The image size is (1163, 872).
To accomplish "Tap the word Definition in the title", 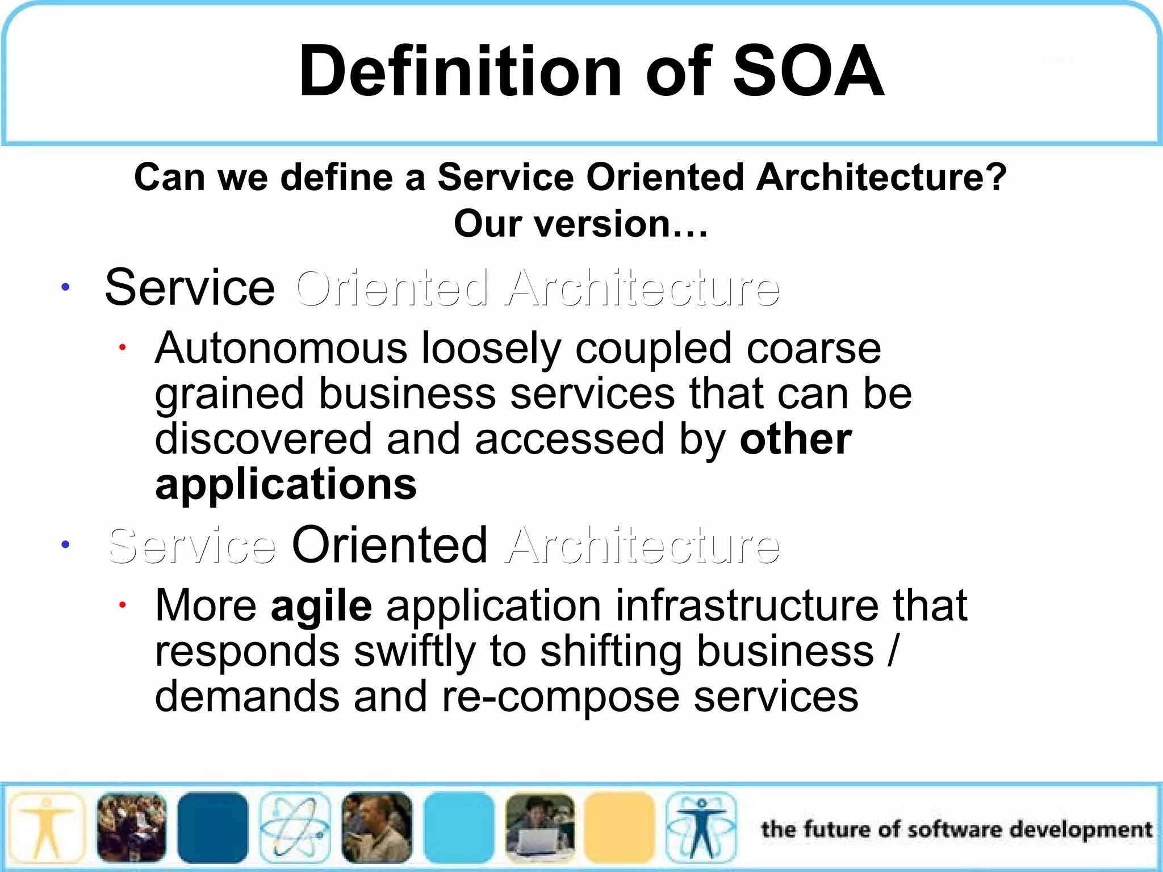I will (460, 72).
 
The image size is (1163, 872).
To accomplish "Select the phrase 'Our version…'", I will (581, 224).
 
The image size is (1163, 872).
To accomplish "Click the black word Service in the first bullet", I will (190, 288).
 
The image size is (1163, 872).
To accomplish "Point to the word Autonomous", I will (281, 348).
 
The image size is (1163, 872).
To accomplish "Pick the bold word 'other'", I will (795, 439).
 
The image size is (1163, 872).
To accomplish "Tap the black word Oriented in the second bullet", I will (389, 545).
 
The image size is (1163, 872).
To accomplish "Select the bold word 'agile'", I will (321, 606).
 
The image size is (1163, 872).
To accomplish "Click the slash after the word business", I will (893, 652).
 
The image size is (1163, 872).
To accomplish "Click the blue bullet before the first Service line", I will (66, 287).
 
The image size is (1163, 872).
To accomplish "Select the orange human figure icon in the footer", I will (47, 828).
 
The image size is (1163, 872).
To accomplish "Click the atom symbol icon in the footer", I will (294, 828).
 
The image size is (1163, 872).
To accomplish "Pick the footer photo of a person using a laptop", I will (539, 828).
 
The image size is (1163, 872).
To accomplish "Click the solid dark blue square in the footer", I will (212, 828).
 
